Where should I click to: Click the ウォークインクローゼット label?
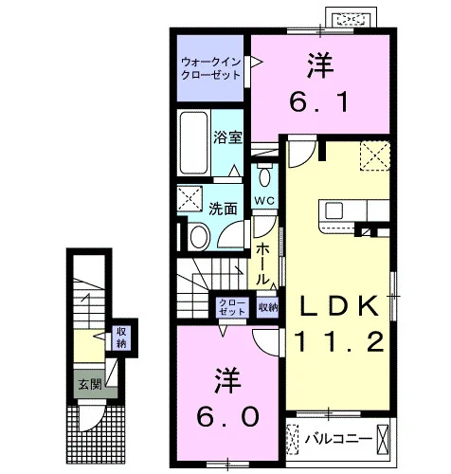tap(211, 68)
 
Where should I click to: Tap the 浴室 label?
tap(227, 137)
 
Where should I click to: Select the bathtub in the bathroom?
tap(193, 142)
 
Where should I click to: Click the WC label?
tap(264, 200)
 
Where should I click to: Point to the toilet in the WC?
tap(264, 174)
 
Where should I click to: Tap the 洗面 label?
tap(224, 209)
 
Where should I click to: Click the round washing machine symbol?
tap(200, 237)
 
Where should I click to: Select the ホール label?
tap(262, 264)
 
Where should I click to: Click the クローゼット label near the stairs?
tap(232, 306)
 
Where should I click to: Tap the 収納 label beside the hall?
tap(268, 306)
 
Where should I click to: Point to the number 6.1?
tap(319, 101)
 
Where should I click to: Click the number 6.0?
tap(228, 416)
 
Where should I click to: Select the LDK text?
tap(339, 305)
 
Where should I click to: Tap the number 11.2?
tap(339, 341)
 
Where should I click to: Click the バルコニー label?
tap(338, 439)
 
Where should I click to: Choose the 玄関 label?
tap(90, 384)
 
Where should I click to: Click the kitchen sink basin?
tap(334, 210)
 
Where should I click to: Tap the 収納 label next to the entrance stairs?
tap(121, 337)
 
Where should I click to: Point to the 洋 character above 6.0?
tap(228, 380)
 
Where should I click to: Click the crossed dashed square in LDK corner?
tap(374, 155)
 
